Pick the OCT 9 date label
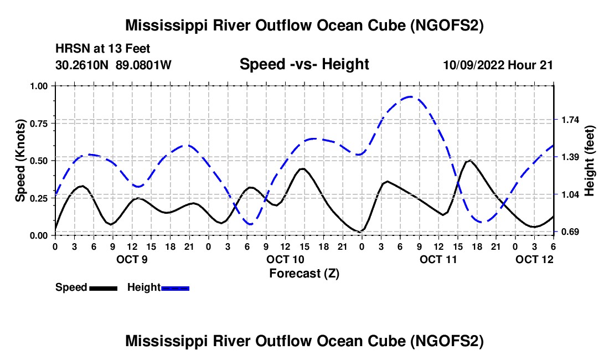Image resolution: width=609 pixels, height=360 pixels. (x=132, y=259)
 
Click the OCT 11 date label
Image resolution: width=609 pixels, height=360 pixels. (x=438, y=259)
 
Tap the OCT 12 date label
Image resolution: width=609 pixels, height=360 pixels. (x=534, y=259)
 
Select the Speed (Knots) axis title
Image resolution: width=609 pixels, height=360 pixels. (x=20, y=160)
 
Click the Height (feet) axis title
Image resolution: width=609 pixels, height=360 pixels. (x=590, y=160)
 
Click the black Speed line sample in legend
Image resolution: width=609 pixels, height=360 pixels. (x=103, y=287)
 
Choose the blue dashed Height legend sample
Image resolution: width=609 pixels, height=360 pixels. (x=176, y=287)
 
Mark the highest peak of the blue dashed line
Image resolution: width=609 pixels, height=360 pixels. (x=410, y=97)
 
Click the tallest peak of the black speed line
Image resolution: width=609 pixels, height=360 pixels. (x=469, y=161)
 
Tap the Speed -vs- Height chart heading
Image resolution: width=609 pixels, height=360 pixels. (x=304, y=64)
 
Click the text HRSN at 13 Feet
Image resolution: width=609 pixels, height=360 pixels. (x=102, y=49)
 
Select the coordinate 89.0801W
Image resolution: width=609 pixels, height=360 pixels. (x=144, y=65)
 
